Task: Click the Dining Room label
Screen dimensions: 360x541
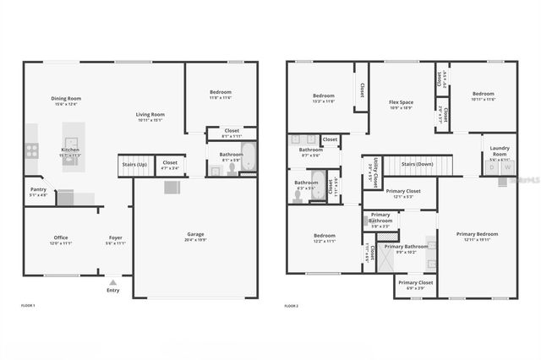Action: pyautogui.click(x=65, y=100)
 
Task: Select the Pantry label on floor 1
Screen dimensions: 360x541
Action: pyautogui.click(x=37, y=190)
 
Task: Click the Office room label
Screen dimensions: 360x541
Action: pyautogui.click(x=61, y=238)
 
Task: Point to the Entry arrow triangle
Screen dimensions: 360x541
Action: pyautogui.click(x=113, y=282)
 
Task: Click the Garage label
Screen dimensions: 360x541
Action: pyautogui.click(x=195, y=235)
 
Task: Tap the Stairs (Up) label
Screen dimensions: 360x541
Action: pyautogui.click(x=134, y=164)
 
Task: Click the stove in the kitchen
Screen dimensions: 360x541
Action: pyautogui.click(x=31, y=150)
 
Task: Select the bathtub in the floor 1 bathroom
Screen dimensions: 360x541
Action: pyautogui.click(x=249, y=156)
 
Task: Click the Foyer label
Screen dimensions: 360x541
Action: pyautogui.click(x=115, y=238)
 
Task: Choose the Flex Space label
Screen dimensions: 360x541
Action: pyautogui.click(x=400, y=102)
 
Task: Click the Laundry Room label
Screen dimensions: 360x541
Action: pyautogui.click(x=500, y=150)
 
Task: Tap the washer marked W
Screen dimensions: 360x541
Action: pyautogui.click(x=507, y=167)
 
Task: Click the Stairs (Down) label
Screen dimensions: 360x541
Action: pyautogui.click(x=417, y=163)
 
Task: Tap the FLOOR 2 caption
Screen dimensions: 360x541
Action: pyautogui.click(x=292, y=305)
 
